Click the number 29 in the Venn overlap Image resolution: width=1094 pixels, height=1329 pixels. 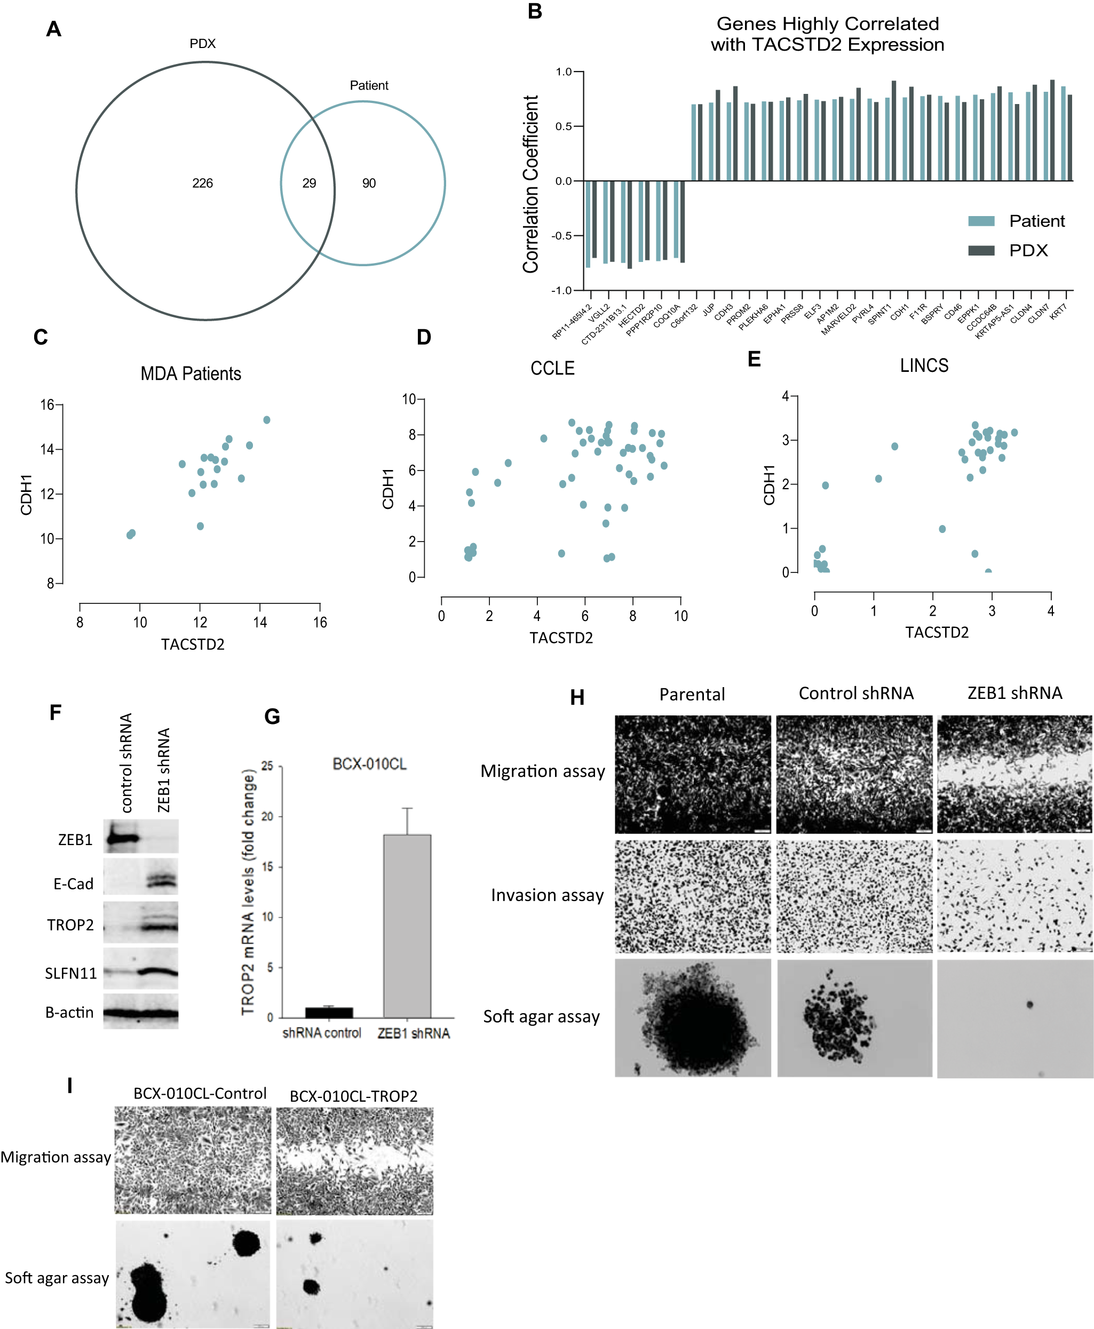pos(309,184)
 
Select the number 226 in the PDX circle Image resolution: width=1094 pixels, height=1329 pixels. pos(202,184)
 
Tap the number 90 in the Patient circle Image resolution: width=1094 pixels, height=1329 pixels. pos(369,184)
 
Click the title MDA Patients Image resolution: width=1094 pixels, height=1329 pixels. pos(191,373)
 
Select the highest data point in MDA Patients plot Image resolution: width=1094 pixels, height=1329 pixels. pos(267,420)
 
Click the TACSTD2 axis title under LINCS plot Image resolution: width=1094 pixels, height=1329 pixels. pos(937,632)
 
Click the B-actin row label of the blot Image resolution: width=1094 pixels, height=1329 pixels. pos(69,1013)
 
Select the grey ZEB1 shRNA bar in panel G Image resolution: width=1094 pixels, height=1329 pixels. pos(407,926)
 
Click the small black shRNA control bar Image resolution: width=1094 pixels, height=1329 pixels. pos(329,1013)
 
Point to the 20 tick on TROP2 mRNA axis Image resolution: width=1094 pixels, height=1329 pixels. pos(267,816)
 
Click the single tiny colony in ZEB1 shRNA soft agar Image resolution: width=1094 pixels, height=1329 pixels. pos(1030,1005)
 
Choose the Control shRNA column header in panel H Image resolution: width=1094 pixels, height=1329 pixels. pos(856,694)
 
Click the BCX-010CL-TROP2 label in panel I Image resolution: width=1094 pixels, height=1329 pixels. pos(353,1096)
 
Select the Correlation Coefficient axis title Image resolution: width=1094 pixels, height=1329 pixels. pos(531,184)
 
